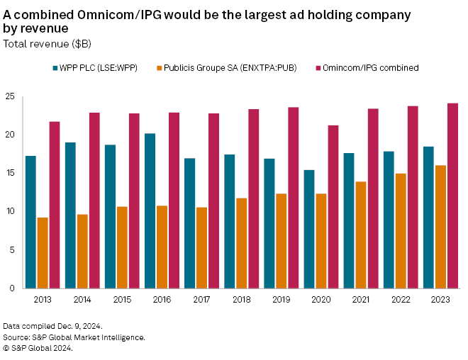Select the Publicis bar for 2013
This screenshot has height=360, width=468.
[43, 253]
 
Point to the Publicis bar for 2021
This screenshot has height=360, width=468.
[361, 235]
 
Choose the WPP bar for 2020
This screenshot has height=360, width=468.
[308, 229]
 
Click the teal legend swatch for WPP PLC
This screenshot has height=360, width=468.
[55, 68]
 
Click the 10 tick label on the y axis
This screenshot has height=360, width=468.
[9, 212]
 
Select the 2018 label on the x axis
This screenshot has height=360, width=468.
[241, 300]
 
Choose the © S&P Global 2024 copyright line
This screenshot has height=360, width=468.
[37, 348]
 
